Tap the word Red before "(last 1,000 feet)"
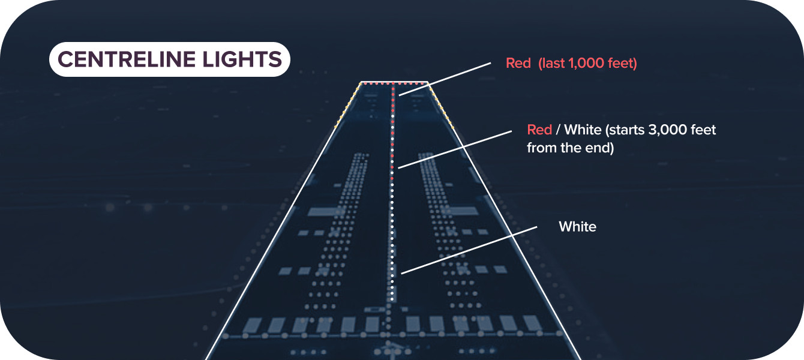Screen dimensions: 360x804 (x=518, y=63)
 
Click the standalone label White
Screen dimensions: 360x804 (x=577, y=227)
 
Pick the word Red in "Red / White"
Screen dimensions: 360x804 (x=539, y=130)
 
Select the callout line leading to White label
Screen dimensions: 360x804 (x=468, y=251)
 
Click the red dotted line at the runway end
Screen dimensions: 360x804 (x=394, y=82)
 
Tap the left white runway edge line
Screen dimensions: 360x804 (x=270, y=240)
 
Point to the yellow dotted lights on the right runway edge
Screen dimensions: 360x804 (x=441, y=106)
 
